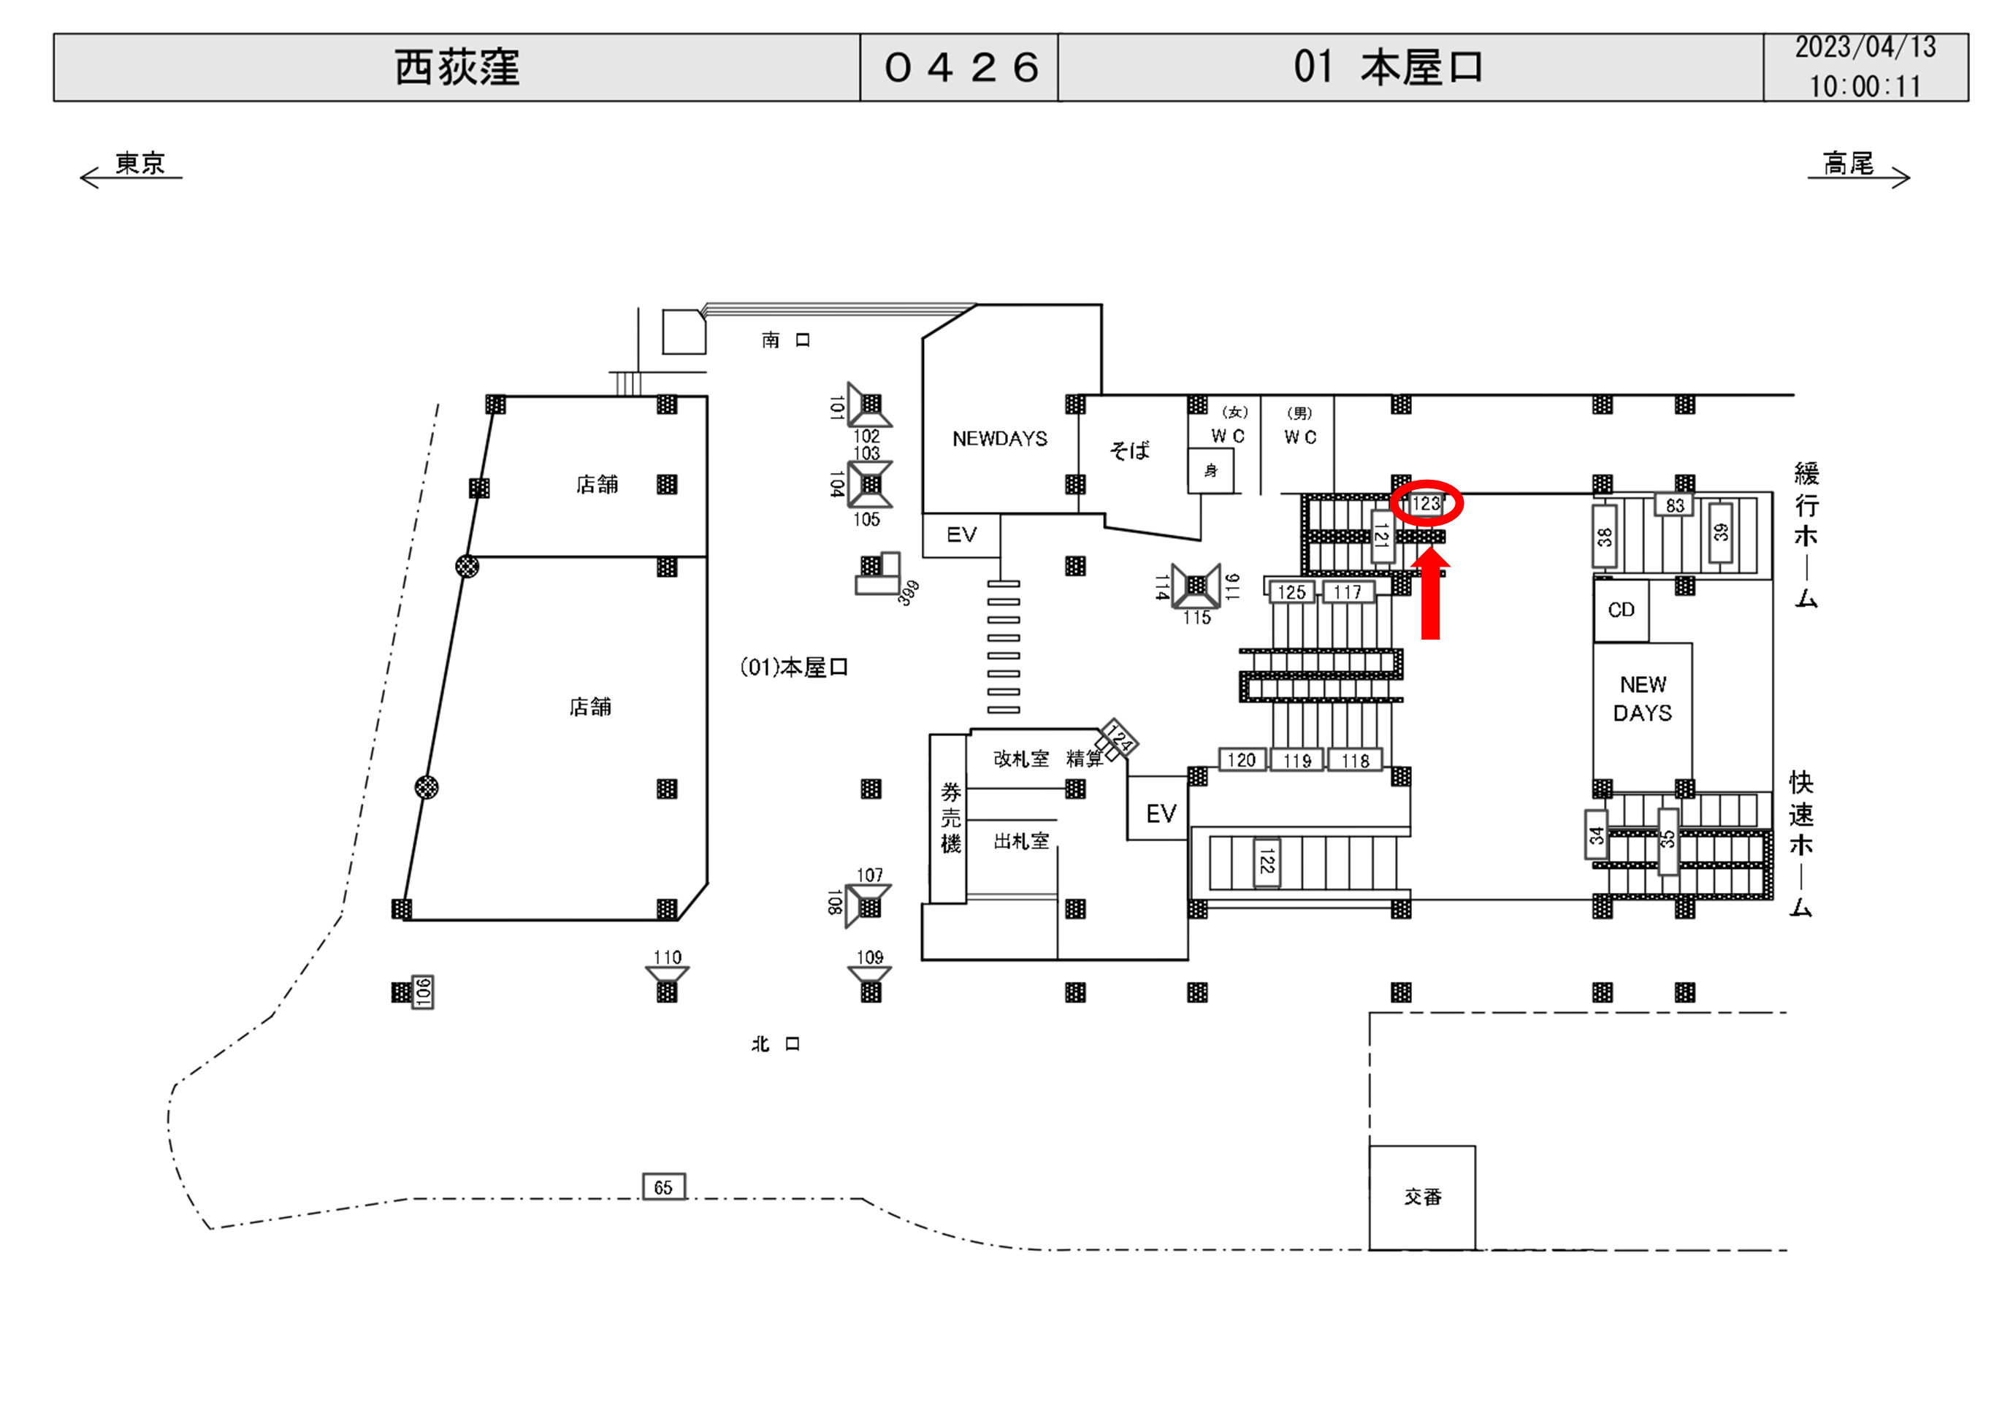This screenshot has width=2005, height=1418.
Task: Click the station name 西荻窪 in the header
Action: click(x=457, y=68)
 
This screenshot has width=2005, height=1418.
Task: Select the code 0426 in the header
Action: click(x=961, y=68)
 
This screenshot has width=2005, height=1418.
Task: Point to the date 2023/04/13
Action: click(x=1865, y=47)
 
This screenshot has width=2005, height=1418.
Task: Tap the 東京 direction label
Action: click(x=140, y=164)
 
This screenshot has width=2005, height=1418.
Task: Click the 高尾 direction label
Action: click(x=1848, y=164)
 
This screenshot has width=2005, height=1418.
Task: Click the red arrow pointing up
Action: click(x=1429, y=594)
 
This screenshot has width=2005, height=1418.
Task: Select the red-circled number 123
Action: click(x=1426, y=504)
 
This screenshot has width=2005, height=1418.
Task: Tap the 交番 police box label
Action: click(x=1423, y=1197)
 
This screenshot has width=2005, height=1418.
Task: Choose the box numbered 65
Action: click(x=664, y=1187)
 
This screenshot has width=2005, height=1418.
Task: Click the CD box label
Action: click(x=1621, y=610)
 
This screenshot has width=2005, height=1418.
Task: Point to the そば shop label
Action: click(x=1129, y=451)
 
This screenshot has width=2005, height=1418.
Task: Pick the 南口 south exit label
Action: click(x=785, y=340)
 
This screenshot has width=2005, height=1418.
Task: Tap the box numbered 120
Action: click(x=1241, y=761)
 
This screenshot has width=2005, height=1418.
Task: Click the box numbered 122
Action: click(x=1267, y=862)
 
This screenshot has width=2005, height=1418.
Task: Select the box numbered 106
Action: click(x=423, y=992)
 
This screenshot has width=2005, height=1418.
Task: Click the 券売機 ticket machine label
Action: click(x=950, y=817)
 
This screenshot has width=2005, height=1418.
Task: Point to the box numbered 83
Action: click(x=1674, y=505)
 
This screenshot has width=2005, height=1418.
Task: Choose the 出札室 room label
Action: click(x=1021, y=842)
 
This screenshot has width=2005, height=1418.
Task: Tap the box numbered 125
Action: click(x=1291, y=593)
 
